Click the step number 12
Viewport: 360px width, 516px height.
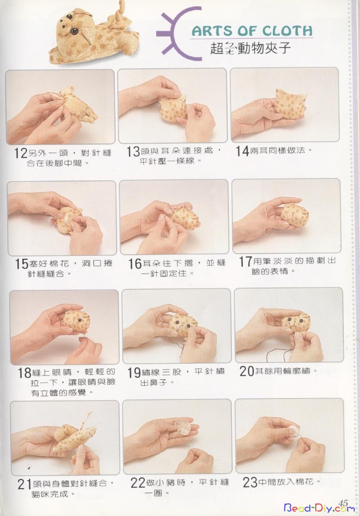point(21,153)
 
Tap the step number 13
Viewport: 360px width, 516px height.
point(133,152)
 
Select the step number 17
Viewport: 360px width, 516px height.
point(246,261)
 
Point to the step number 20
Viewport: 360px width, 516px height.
point(247,371)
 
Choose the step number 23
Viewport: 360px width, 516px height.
point(250,482)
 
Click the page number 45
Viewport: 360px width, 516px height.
point(343,502)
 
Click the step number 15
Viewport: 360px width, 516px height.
point(22,264)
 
